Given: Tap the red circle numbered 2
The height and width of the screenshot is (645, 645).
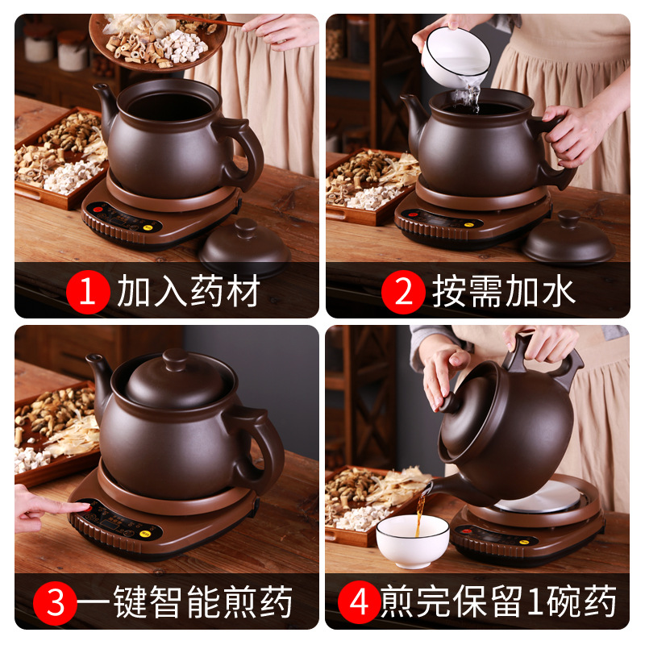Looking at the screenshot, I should (x=402, y=293).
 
